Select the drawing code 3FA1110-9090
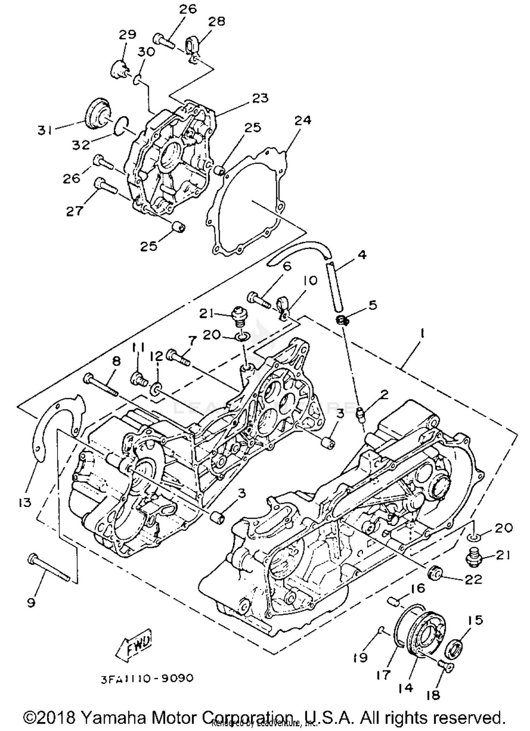[x=147, y=678]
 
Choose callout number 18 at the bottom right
[x=433, y=695]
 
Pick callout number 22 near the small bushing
[x=473, y=580]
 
